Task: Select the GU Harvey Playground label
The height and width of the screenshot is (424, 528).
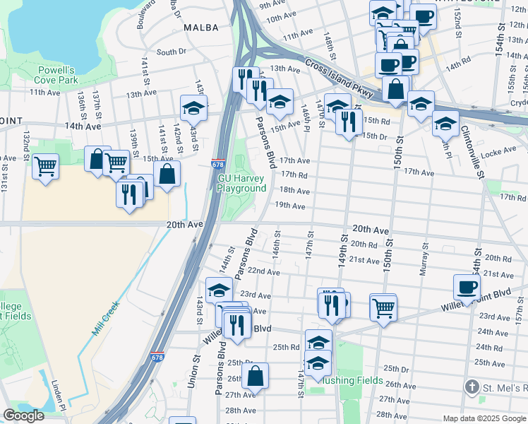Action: (x=241, y=184)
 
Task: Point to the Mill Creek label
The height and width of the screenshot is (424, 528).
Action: (x=105, y=319)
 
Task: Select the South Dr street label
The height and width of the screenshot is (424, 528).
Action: (x=171, y=52)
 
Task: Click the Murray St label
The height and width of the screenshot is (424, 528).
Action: (x=425, y=259)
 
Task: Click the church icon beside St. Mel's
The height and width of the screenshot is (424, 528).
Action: (x=472, y=387)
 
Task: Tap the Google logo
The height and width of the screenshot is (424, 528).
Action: (x=23, y=416)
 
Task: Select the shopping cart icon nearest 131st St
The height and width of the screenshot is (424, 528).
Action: (x=45, y=167)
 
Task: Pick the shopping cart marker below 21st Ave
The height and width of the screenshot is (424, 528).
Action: (x=383, y=307)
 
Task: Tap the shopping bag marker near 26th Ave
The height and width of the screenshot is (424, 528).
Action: (x=255, y=376)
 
